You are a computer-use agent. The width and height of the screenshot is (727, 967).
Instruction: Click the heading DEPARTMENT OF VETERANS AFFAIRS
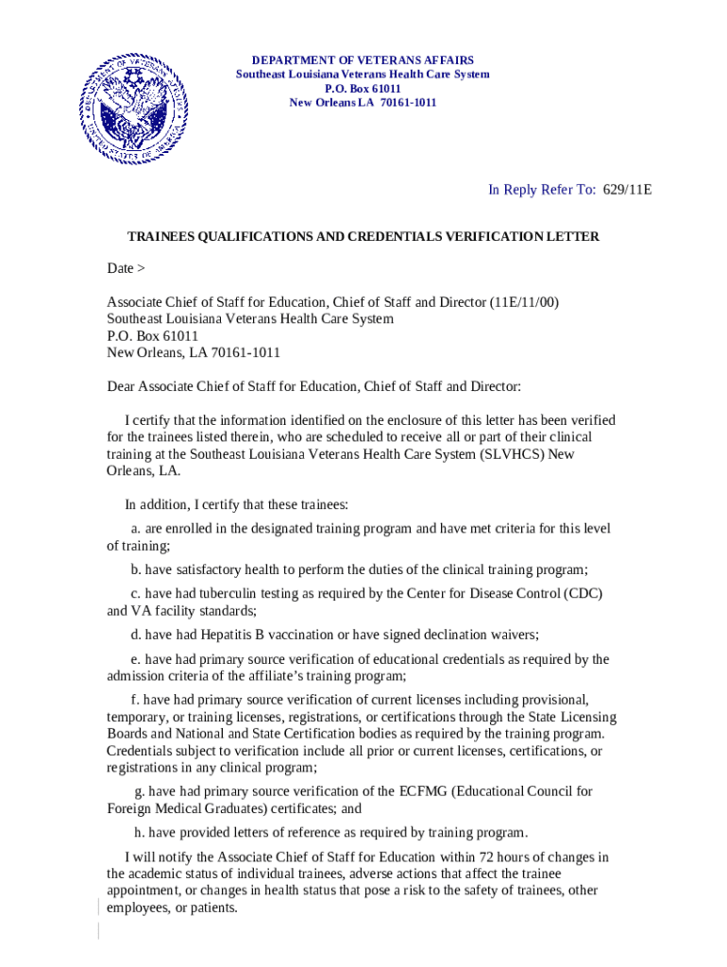coord(363,59)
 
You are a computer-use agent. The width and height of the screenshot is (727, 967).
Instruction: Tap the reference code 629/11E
coord(626,190)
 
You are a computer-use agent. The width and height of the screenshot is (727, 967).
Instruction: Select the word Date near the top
coord(120,268)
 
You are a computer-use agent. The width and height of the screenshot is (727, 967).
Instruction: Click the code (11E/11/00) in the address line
coord(524,302)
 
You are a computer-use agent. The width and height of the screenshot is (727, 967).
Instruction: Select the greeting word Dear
coord(121,386)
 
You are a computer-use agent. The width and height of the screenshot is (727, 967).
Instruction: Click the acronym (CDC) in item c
coord(583,593)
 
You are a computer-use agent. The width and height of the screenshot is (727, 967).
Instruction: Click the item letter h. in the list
coord(138,833)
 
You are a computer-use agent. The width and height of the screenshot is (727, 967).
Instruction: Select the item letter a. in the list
coord(136,529)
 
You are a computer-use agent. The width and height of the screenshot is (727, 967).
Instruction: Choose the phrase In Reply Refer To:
coord(542,190)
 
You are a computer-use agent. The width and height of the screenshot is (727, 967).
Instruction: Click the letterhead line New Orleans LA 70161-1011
coord(363,102)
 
